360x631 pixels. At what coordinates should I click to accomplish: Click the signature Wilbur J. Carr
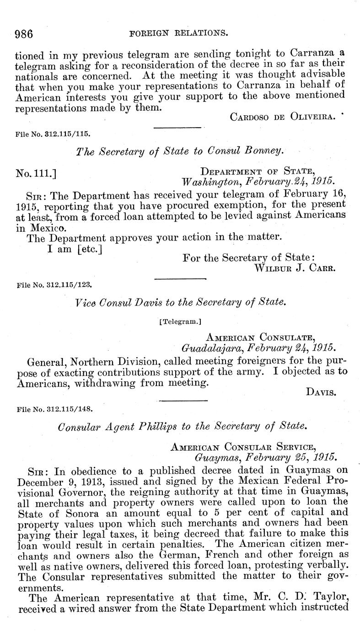point(295,268)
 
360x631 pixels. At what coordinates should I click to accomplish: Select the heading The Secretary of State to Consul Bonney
point(181,152)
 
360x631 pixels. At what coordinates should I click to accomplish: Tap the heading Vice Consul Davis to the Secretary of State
point(181,302)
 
